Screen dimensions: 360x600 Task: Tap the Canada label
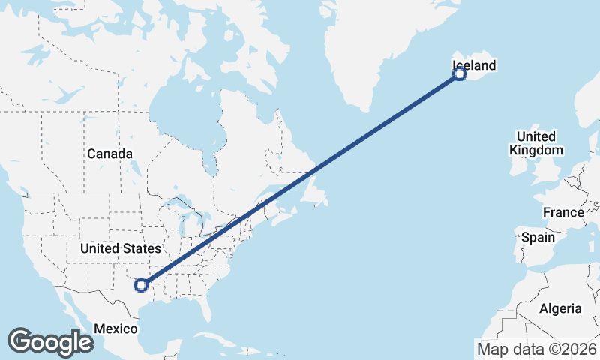pos(109,154)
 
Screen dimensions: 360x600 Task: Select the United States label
pos(120,248)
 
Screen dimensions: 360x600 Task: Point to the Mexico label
pos(116,328)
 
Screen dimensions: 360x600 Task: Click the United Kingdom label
pos(535,143)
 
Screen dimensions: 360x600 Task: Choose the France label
pos(563,212)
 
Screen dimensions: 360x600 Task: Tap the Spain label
pos(538,237)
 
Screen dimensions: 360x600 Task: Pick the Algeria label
pos(559,308)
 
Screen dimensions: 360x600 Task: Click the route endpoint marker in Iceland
pos(460,73)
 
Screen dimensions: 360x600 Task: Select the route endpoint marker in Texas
pos(140,284)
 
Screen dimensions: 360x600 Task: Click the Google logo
pos(50,342)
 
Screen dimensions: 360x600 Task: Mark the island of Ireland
pos(518,163)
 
